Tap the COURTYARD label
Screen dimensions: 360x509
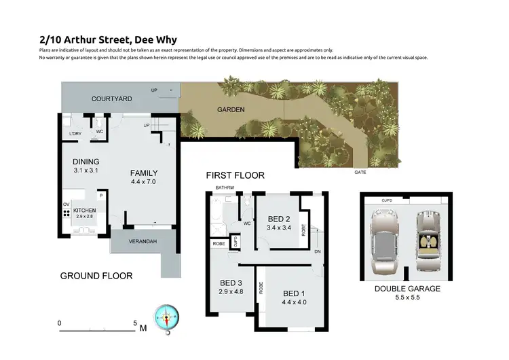click(x=112, y=99)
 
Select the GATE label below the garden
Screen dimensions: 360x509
click(x=360, y=173)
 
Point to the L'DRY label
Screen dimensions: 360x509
click(x=76, y=134)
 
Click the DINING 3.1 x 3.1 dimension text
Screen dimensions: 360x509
click(x=86, y=170)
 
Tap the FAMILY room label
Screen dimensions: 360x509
click(x=144, y=173)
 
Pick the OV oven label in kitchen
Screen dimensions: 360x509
click(x=67, y=203)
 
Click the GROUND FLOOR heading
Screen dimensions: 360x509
click(x=96, y=276)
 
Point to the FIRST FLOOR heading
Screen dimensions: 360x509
click(x=235, y=175)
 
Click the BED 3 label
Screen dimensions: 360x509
click(x=231, y=283)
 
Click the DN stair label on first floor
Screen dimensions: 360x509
click(x=318, y=251)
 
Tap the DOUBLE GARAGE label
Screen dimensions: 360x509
click(x=408, y=289)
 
